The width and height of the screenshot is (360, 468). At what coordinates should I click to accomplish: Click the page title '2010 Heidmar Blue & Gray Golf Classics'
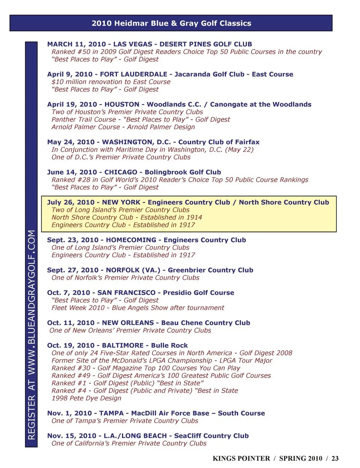click(171, 23)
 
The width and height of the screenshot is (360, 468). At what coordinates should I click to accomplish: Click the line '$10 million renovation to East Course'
click(111, 82)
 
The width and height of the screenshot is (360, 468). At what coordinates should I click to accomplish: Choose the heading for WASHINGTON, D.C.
click(153, 142)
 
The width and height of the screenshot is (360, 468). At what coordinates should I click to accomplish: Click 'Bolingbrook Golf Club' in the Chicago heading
click(183, 172)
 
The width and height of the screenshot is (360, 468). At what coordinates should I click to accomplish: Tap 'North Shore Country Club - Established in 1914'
click(127, 217)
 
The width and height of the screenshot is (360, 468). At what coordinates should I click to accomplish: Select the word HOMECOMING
click(131, 240)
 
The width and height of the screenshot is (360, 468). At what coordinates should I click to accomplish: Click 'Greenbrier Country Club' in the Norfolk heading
click(210, 270)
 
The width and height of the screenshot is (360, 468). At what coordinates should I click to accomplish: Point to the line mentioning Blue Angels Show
click(138, 308)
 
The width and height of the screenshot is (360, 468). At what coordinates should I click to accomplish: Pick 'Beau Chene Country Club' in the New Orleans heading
click(205, 323)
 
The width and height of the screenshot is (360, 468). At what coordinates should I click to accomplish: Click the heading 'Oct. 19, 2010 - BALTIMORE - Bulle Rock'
click(117, 345)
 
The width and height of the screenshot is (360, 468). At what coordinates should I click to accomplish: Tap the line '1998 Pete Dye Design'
click(86, 398)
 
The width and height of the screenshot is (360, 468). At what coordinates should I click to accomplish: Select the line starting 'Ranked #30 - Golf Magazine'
click(146, 368)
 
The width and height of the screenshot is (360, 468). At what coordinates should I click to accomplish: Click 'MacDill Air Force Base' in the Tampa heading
click(170, 413)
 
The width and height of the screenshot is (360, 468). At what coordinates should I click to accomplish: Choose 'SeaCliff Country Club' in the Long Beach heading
click(211, 436)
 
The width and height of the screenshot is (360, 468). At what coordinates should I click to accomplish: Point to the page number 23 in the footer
click(335, 458)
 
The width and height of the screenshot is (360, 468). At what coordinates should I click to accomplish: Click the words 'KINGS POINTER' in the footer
click(241, 458)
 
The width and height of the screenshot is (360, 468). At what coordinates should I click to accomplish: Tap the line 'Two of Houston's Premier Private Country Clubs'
click(127, 112)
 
